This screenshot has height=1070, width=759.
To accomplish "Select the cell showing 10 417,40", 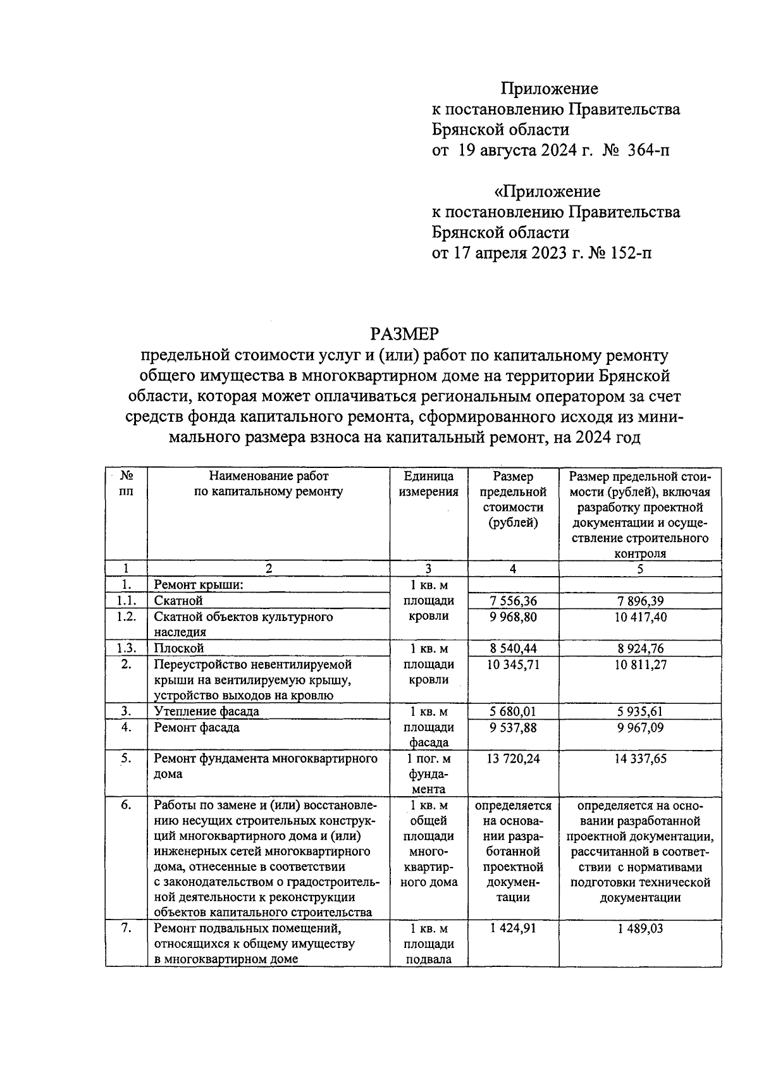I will pyautogui.click(x=640, y=617).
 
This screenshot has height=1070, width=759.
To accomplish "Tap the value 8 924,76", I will pyautogui.click(x=640, y=648).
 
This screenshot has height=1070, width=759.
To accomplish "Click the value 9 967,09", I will pyautogui.click(x=640, y=728).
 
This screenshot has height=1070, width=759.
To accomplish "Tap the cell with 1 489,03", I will pyautogui.click(x=640, y=928).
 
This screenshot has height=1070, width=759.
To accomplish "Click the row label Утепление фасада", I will pyautogui.click(x=206, y=711).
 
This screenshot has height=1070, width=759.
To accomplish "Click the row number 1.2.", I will pyautogui.click(x=126, y=617).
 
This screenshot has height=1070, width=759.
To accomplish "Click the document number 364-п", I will pyautogui.click(x=647, y=151).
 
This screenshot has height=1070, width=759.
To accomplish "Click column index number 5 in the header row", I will pyautogui.click(x=640, y=569).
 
